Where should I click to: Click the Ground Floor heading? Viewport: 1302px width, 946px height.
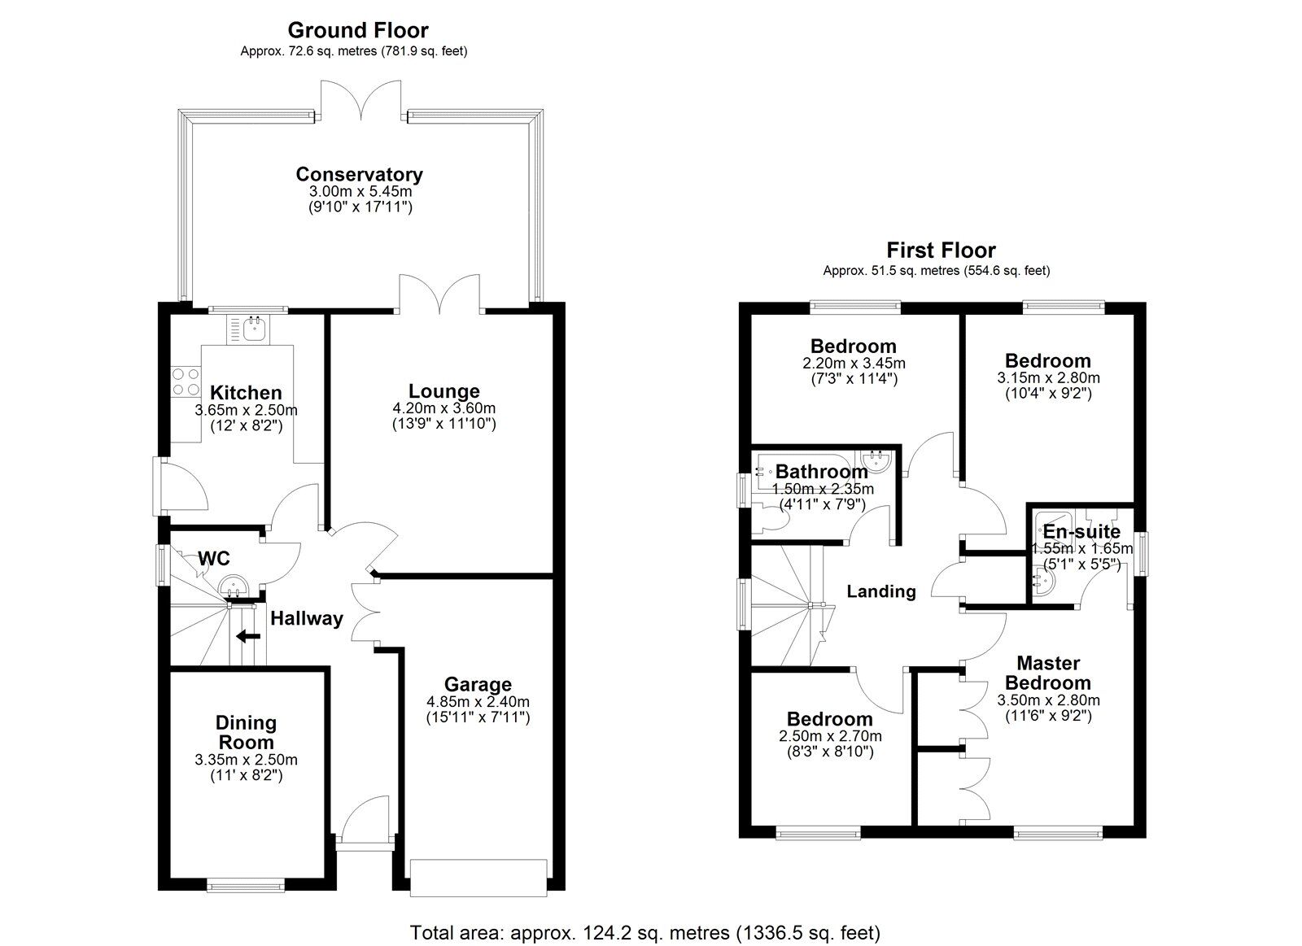[x=357, y=30]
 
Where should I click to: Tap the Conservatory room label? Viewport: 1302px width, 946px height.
[x=359, y=174]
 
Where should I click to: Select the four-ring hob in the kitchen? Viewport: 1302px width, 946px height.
[x=185, y=381]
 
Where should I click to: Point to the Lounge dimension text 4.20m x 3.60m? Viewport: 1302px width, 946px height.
[x=443, y=408]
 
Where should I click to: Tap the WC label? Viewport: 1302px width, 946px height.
[x=214, y=559]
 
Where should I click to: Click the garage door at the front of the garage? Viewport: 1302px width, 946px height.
[x=477, y=878]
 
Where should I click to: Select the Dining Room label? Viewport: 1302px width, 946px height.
[x=246, y=732]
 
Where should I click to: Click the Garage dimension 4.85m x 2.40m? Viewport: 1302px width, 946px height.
[x=478, y=702]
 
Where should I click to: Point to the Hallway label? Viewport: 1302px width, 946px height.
[x=307, y=618]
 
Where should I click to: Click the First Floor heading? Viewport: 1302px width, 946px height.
[x=941, y=251]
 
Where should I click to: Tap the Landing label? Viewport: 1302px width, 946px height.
[x=881, y=591]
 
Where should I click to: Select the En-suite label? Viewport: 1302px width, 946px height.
[x=1081, y=532]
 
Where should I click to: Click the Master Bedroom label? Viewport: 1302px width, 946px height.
[x=1048, y=673]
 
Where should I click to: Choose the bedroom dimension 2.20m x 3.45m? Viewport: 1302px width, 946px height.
[x=853, y=364]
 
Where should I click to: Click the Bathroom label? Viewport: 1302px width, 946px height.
[x=821, y=472]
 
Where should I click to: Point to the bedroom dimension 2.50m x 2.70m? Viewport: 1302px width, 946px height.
[x=830, y=736]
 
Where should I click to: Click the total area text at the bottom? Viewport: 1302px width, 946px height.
[x=645, y=932]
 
